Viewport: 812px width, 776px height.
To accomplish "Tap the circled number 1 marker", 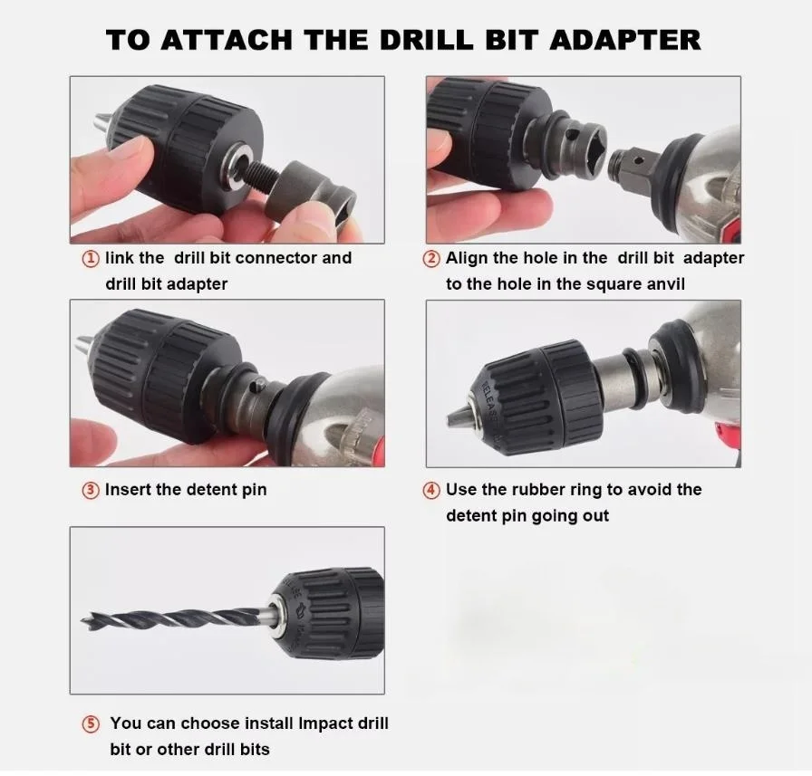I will pyautogui.click(x=91, y=258).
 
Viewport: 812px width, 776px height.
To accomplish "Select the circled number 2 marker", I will pyautogui.click(x=431, y=258).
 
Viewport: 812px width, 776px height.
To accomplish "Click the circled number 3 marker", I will pyautogui.click(x=91, y=490).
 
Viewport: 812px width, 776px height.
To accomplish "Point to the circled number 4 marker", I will pyautogui.click(x=431, y=490).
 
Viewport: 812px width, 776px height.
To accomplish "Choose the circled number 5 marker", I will pyautogui.click(x=91, y=723).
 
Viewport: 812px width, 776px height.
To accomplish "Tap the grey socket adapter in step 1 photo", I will pyautogui.click(x=313, y=186).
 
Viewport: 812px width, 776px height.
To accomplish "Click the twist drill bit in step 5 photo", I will pyautogui.click(x=172, y=615).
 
